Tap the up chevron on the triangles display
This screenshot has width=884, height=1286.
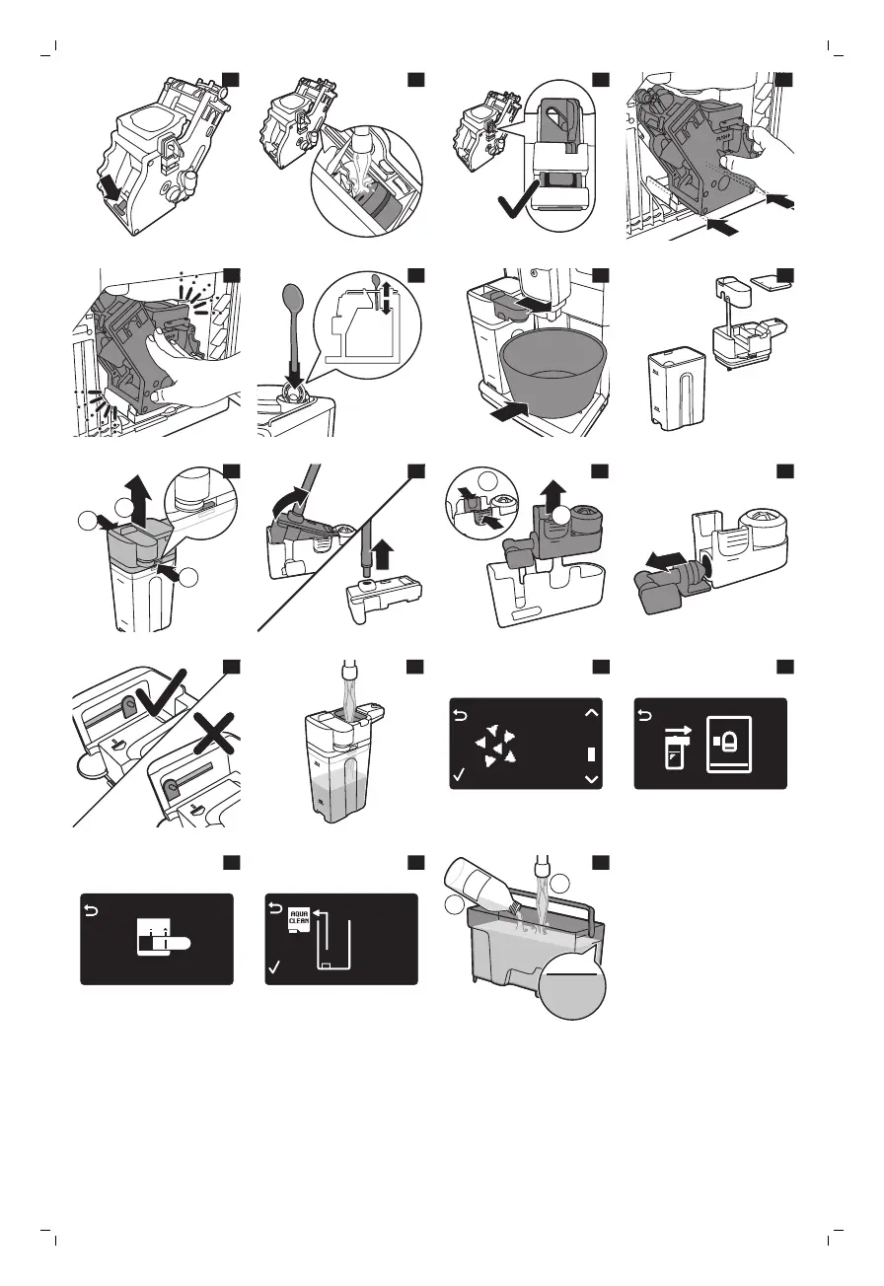click(x=591, y=710)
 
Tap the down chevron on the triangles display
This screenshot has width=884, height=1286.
click(x=591, y=779)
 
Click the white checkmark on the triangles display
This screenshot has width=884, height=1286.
click(x=459, y=777)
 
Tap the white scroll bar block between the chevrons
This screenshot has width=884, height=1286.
click(x=592, y=753)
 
